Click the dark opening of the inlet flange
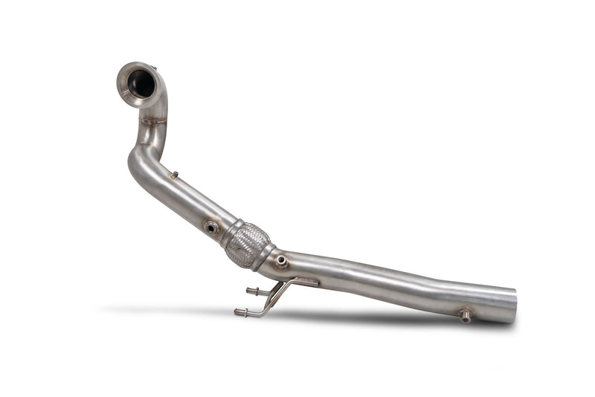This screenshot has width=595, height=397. pyautogui.click(x=141, y=84)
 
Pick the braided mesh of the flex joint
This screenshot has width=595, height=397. pyautogui.click(x=246, y=243)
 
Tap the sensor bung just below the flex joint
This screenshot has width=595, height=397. pyautogui.click(x=281, y=260)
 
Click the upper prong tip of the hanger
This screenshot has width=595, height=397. pyautogui.click(x=249, y=291)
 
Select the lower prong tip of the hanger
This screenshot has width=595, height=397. pyautogui.click(x=238, y=313)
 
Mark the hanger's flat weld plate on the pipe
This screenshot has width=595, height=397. pyautogui.click(x=305, y=283)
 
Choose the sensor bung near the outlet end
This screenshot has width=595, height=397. pyautogui.click(x=465, y=314)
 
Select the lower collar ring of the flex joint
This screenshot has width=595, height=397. pyautogui.click(x=264, y=257)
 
